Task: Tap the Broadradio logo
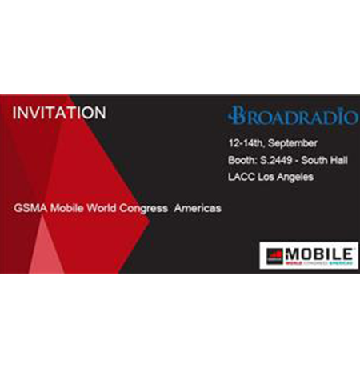pyautogui.click(x=291, y=117)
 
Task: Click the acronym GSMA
pyautogui.click(x=28, y=207)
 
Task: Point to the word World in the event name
pyautogui.click(x=98, y=207)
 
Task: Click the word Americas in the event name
pyautogui.click(x=198, y=207)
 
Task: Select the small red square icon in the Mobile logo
pyautogui.click(x=274, y=255)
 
